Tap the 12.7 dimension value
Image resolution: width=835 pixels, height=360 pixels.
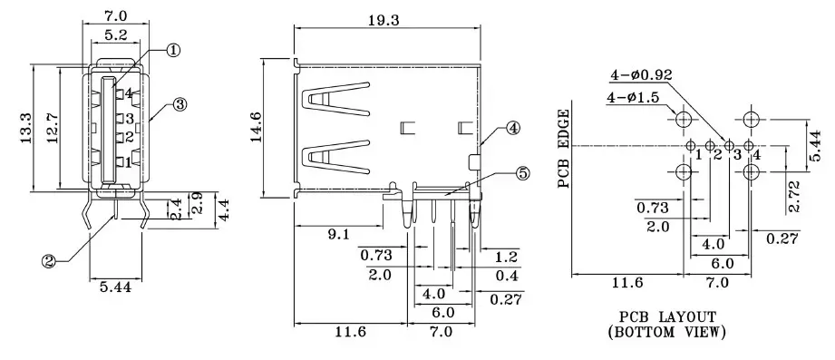pos(53,128)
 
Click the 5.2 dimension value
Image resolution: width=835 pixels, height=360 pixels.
pos(115,35)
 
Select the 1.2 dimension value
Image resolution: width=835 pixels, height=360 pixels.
pos(506,258)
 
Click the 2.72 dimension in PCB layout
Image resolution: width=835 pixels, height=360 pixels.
pos(794,196)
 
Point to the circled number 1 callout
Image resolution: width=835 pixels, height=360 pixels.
pos(173,51)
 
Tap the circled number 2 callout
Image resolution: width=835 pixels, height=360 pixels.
pos(48,261)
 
